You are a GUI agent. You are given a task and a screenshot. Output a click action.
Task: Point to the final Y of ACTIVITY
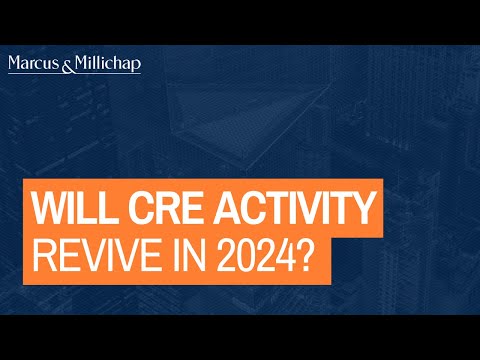[368, 211]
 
